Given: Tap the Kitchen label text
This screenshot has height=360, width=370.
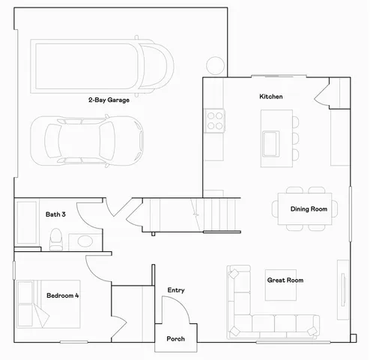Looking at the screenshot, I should [x=270, y=97].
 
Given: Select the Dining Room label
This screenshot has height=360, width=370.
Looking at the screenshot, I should [x=309, y=208].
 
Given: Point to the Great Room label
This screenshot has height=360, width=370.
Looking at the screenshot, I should [x=285, y=280].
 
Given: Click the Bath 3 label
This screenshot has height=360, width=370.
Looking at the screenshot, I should [x=55, y=214].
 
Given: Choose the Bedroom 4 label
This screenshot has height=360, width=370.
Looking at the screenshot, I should [x=63, y=295].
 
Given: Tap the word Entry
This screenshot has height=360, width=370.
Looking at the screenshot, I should [x=176, y=290].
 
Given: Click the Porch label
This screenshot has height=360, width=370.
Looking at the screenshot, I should [x=175, y=338].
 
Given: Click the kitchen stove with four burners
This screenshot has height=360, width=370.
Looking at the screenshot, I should [x=215, y=120].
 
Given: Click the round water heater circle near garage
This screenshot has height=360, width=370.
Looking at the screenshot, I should [x=215, y=65].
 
